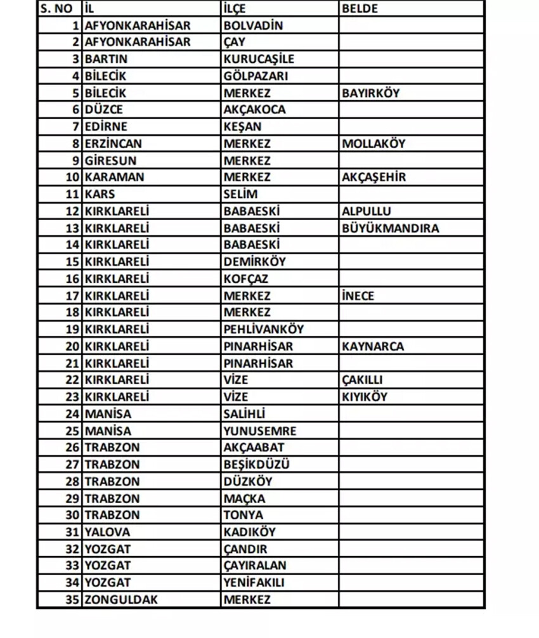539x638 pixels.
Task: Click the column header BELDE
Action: tap(360, 9)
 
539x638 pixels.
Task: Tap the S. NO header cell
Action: tap(56, 9)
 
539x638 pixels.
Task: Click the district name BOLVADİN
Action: tap(253, 26)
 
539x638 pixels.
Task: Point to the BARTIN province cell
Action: tap(106, 59)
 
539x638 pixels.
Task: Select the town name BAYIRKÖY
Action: tap(371, 93)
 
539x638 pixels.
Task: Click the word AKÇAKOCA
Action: tap(254, 109)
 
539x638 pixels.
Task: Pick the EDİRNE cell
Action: tap(106, 126)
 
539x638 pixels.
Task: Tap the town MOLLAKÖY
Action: tap(373, 143)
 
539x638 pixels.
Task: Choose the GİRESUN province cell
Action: tap(110, 160)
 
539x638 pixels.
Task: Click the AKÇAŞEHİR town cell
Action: tap(373, 177)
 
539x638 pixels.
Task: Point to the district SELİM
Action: tap(240, 194)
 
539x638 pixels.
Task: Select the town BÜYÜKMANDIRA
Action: tap(390, 228)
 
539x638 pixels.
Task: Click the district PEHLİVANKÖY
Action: tap(263, 329)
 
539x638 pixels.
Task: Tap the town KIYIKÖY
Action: tap(364, 397)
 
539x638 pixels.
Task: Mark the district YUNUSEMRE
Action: tap(259, 431)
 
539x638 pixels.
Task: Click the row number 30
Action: tap(73, 515)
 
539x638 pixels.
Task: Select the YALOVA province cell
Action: tap(107, 532)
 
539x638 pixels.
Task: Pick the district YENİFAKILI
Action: tap(254, 582)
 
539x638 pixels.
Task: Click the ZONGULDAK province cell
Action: tap(121, 599)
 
